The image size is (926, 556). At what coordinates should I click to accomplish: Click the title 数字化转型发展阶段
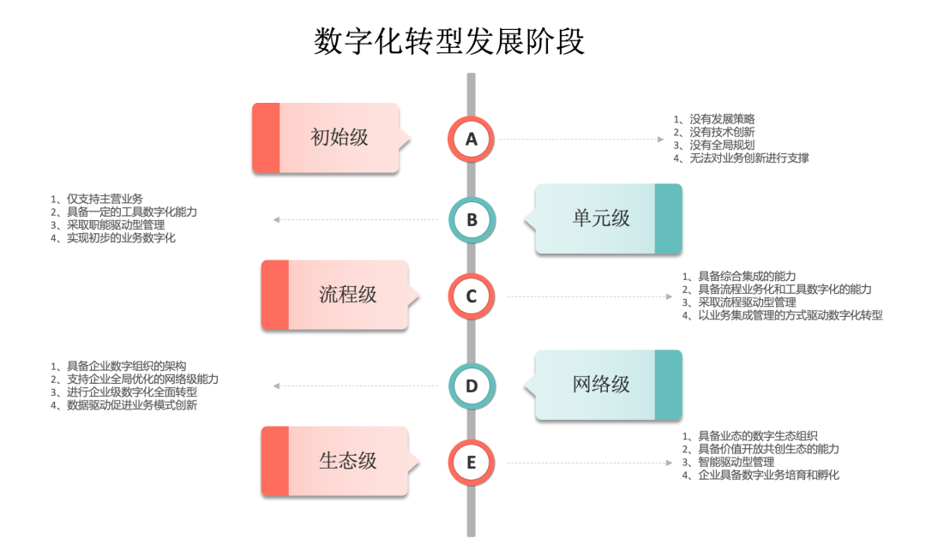[x=449, y=40]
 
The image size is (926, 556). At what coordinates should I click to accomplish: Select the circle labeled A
[x=471, y=138]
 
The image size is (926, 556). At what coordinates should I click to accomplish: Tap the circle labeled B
[x=471, y=219]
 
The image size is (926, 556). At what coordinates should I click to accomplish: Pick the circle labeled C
[x=471, y=296]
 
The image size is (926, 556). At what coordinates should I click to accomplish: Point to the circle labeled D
[x=471, y=386]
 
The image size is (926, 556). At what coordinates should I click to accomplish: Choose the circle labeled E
[x=471, y=463]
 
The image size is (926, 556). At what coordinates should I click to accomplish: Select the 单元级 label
[x=601, y=218]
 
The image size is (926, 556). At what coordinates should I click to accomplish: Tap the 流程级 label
[x=347, y=296]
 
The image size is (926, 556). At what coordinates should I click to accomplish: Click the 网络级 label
[x=601, y=385]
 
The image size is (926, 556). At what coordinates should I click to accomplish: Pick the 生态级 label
[x=347, y=461]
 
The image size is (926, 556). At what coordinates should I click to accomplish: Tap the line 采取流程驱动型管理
[x=747, y=302]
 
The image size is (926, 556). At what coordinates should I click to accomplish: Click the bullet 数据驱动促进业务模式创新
[x=132, y=405]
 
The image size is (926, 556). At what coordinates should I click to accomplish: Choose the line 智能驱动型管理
[x=737, y=462]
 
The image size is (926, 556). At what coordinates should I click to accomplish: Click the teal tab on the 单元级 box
[x=668, y=218]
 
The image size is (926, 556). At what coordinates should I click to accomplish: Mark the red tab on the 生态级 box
[x=275, y=461]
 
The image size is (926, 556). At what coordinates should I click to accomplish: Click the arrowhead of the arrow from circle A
[x=660, y=139]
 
